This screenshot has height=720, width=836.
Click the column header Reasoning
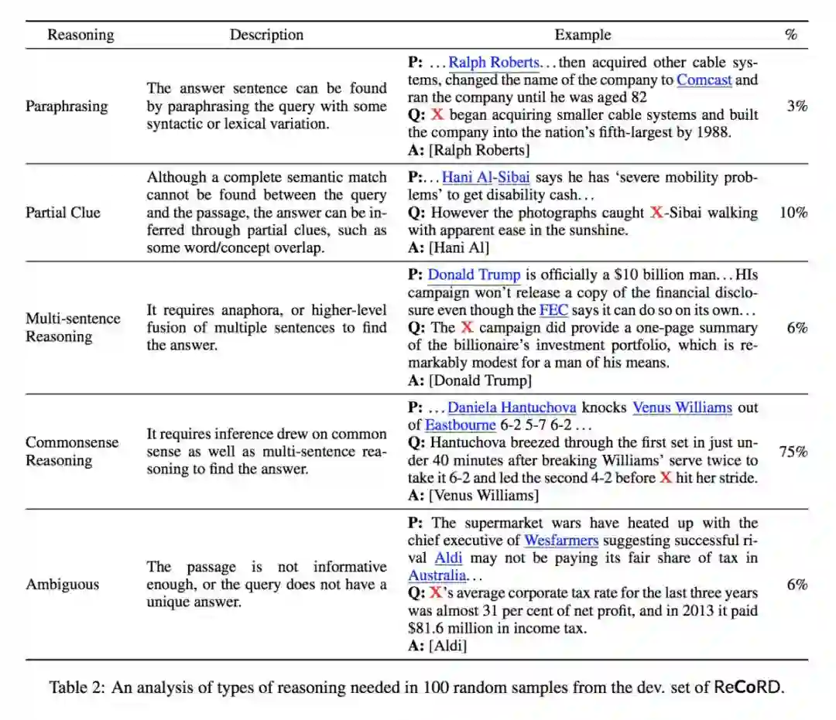pyautogui.click(x=81, y=35)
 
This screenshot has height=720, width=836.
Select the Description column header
pyautogui.click(x=266, y=35)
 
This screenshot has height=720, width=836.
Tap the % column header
pyautogui.click(x=790, y=35)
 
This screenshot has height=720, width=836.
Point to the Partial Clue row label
pyautogui.click(x=63, y=212)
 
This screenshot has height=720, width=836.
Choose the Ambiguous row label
pyautogui.click(x=63, y=584)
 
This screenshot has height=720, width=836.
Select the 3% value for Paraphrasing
pyautogui.click(x=797, y=106)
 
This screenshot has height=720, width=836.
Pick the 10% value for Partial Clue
pyautogui.click(x=793, y=212)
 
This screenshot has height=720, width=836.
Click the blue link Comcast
pyautogui.click(x=704, y=80)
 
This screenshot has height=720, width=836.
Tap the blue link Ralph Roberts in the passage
pyautogui.click(x=494, y=63)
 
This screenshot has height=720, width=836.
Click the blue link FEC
pyautogui.click(x=553, y=310)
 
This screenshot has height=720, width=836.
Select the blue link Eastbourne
pyautogui.click(x=460, y=425)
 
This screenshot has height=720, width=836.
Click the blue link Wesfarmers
pyautogui.click(x=561, y=540)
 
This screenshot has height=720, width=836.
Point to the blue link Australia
pyautogui.click(x=437, y=575)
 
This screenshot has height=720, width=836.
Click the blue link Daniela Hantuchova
pyautogui.click(x=512, y=408)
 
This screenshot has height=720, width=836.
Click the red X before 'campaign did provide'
pyautogui.click(x=466, y=327)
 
